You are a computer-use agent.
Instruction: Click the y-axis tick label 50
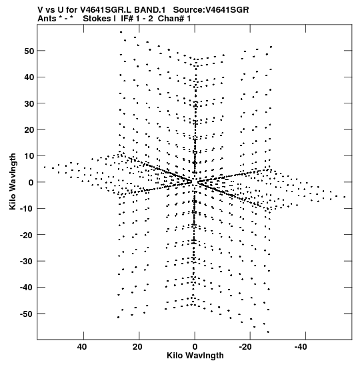click(x=29, y=51)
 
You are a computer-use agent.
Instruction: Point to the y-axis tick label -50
click(x=27, y=314)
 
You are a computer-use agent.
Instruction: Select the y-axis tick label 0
click(x=31, y=182)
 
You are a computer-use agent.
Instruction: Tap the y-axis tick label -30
click(x=27, y=261)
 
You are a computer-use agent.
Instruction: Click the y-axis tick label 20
click(x=29, y=130)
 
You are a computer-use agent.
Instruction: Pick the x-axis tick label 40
click(x=82, y=347)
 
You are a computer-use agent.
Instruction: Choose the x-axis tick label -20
click(x=245, y=347)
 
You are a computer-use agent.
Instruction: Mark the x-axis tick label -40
click(x=301, y=347)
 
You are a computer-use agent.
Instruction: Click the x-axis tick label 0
click(x=195, y=347)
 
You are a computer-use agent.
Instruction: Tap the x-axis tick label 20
click(x=137, y=347)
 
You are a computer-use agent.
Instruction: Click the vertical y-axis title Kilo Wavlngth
click(x=13, y=181)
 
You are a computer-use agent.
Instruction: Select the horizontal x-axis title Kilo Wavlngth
click(x=195, y=356)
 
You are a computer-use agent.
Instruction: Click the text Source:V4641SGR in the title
click(x=211, y=10)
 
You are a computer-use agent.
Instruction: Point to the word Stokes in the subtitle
click(x=97, y=19)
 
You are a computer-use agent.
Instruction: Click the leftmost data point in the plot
click(x=45, y=167)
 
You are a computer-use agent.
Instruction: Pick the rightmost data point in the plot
click(x=345, y=197)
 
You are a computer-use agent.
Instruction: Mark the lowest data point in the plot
click(x=268, y=332)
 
